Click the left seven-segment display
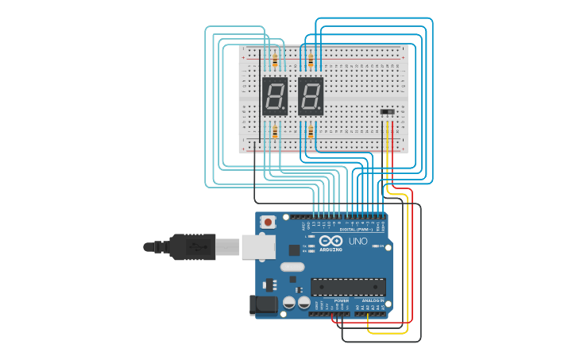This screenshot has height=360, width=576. [x=274, y=96]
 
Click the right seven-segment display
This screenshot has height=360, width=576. [x=311, y=96]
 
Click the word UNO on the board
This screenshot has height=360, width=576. [x=358, y=241]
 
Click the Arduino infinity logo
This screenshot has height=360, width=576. [x=331, y=240]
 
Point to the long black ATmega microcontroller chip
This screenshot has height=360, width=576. [x=348, y=287]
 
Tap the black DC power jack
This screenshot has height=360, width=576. [x=263, y=305]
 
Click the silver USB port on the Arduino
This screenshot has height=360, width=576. [x=258, y=246]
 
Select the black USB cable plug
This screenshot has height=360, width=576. [x=191, y=246]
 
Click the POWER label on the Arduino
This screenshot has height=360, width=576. [x=341, y=301]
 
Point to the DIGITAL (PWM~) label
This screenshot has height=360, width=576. [x=356, y=229]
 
